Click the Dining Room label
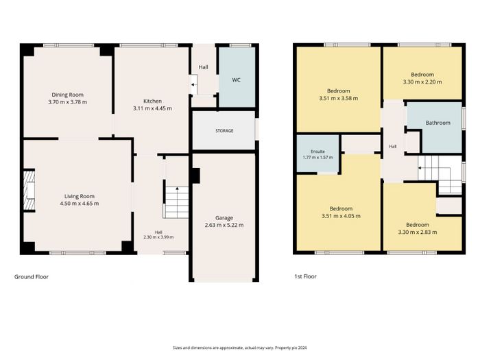pos(67,95)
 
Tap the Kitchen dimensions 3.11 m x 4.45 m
pos(152,108)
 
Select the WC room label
pos(236,80)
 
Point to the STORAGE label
pos(224,131)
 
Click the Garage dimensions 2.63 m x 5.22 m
pos(224,226)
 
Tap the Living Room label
pos(80,196)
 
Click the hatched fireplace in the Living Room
pos(29,190)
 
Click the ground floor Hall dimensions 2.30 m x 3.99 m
pos(158,237)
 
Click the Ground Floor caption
pos(32,277)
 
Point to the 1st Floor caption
pos(306,276)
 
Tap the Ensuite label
pos(317,152)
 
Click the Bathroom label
pos(437,123)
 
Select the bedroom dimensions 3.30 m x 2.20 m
pos(422,82)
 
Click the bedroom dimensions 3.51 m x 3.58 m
pos(338,98)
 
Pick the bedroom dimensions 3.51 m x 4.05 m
pos(341,216)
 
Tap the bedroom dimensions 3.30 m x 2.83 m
pos(418,232)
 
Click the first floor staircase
pos(441,174)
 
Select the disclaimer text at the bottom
pos(240,348)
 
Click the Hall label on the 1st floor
pos(392,147)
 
